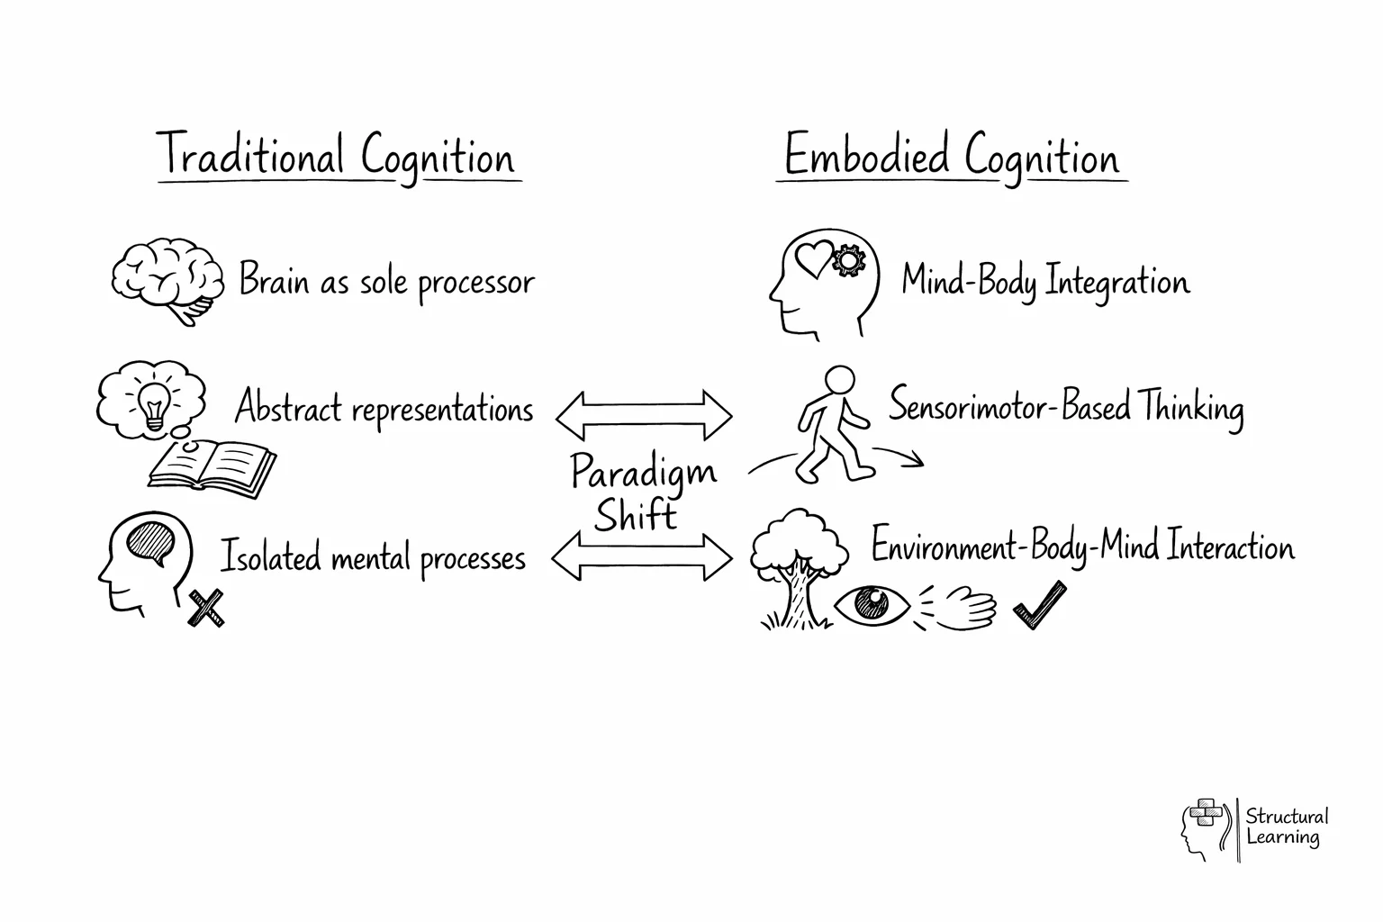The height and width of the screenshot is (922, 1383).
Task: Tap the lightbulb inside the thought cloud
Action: point(155,403)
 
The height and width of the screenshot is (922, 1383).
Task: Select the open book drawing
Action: point(212,468)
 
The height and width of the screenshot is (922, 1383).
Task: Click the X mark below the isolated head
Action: point(206,609)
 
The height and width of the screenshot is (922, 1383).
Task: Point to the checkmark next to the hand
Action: point(1040,605)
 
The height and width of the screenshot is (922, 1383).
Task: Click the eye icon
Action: point(872,603)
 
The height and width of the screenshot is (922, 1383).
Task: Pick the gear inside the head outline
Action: point(848,261)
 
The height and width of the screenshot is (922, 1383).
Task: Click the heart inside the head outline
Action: point(813,258)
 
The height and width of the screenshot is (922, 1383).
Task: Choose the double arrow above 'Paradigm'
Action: point(644,415)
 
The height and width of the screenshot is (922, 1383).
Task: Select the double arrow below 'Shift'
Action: point(642,557)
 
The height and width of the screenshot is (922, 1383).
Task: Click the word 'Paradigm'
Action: point(643,472)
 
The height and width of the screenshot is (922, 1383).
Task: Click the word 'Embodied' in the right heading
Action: point(867,155)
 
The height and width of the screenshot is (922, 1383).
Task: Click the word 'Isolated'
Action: point(270,556)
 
